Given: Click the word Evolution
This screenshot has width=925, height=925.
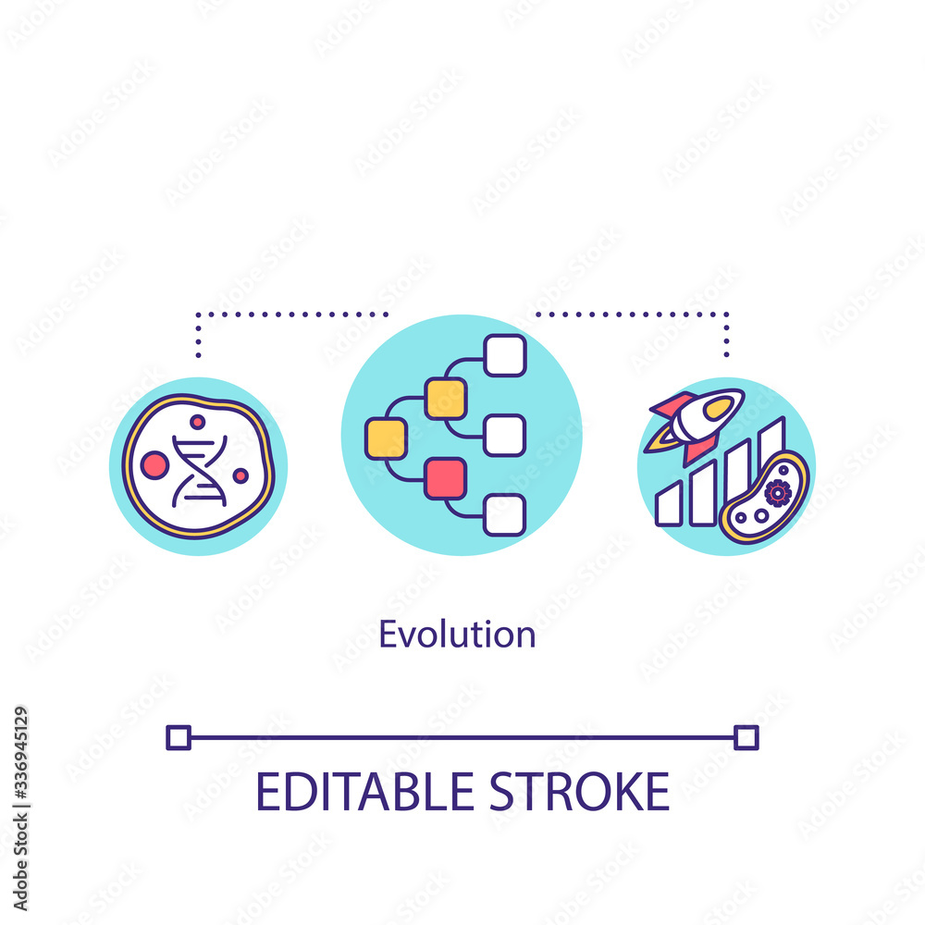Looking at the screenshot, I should pyautogui.click(x=457, y=635).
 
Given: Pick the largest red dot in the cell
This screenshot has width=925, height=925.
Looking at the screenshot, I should pyautogui.click(x=154, y=465).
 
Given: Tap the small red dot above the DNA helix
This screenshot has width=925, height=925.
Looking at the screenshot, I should pyautogui.click(x=197, y=422).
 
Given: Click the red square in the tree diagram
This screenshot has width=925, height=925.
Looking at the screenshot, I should pyautogui.click(x=445, y=477).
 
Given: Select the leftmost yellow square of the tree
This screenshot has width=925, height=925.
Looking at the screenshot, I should pyautogui.click(x=386, y=438).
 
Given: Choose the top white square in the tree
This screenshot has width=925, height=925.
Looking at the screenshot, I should pyautogui.click(x=505, y=355).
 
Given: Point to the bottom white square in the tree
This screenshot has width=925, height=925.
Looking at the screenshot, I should pyautogui.click(x=505, y=514).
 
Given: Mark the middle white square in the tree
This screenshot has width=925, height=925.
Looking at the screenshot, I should pyautogui.click(x=505, y=435).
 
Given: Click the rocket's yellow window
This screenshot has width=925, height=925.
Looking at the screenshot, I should pyautogui.click(x=718, y=408).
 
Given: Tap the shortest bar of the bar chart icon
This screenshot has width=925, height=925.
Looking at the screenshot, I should pyautogui.click(x=668, y=505).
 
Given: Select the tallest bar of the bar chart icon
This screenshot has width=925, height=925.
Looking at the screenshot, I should pyautogui.click(x=771, y=444).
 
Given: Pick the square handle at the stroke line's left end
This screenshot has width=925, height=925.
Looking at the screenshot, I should pyautogui.click(x=178, y=737).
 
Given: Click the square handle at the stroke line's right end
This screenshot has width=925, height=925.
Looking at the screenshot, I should pyautogui.click(x=746, y=737).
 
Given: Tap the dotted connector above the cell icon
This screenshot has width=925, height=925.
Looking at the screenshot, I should pyautogui.click(x=277, y=314).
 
